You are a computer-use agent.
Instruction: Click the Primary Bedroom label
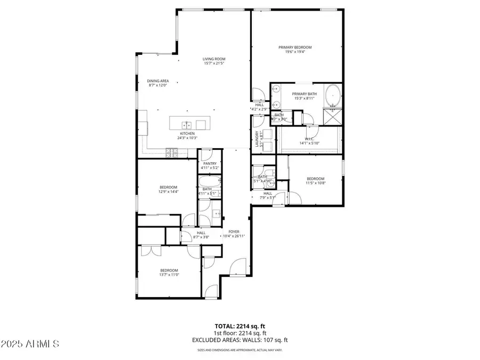[295, 47]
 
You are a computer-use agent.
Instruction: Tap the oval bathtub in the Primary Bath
[334, 95]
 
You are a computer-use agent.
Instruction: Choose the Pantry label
[210, 164]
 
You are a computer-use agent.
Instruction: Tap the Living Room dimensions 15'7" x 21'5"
[214, 63]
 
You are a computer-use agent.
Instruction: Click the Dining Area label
[158, 81]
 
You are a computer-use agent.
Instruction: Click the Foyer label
[234, 231]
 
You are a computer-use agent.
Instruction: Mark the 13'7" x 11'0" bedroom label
[169, 270]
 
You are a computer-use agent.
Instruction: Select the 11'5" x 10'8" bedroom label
[315, 179]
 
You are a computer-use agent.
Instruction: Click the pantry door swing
[205, 156]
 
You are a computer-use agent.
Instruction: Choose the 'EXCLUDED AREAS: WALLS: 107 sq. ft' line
[239, 339]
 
